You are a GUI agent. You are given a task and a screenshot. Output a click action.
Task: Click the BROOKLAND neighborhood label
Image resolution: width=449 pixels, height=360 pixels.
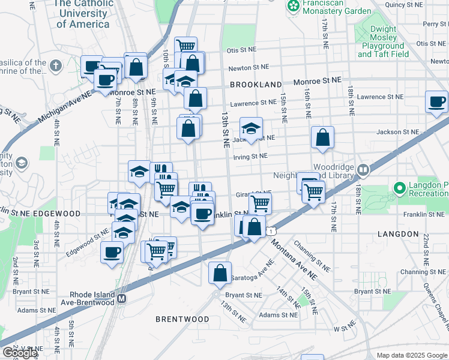click(x=255, y=85)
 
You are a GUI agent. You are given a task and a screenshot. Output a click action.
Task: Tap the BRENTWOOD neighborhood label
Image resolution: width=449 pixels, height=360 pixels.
click(x=182, y=319)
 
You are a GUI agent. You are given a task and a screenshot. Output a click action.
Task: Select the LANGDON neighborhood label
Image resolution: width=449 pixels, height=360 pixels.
click(x=398, y=233)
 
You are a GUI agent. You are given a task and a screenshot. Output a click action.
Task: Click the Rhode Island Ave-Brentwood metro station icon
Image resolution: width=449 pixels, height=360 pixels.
click(x=122, y=298)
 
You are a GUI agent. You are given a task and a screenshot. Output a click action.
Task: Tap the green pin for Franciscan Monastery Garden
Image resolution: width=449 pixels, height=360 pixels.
click(x=294, y=7)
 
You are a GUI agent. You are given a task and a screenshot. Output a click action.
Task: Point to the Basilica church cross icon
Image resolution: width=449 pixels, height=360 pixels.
click(x=56, y=65)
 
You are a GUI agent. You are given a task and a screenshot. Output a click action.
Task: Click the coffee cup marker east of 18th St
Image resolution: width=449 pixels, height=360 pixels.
click(x=436, y=101)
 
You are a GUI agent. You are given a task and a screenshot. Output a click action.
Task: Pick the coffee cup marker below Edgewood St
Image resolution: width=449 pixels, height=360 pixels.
click(x=112, y=252)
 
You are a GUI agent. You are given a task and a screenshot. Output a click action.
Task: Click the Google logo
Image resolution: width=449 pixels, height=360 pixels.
click(x=20, y=353)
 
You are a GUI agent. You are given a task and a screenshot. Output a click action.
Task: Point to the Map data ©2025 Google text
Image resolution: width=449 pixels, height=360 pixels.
click(x=411, y=355)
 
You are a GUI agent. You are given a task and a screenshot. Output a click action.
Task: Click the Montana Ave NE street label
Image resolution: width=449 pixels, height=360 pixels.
click(x=294, y=257)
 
